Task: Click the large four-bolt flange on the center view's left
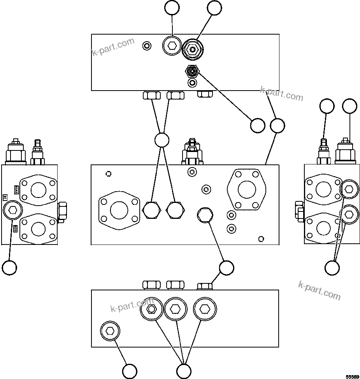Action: pyautogui.click(x=119, y=210)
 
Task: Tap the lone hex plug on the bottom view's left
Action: pyautogui.click(x=110, y=331)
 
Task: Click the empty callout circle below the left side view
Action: pyautogui.click(x=9, y=267)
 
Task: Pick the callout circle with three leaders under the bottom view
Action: pyautogui.click(x=184, y=370)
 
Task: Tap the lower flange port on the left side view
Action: pyautogui.click(x=38, y=229)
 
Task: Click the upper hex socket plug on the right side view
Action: pyautogui.click(x=349, y=189)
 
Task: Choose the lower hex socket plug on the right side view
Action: pyautogui.click(x=349, y=213)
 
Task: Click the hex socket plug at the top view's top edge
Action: pyautogui.click(x=171, y=47)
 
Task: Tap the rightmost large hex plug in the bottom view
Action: pyautogui.click(x=204, y=309)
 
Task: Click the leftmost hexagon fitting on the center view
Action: pyautogui.click(x=151, y=210)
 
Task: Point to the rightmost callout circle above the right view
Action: pyautogui.click(x=349, y=106)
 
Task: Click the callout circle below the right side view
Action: pyautogui.click(x=332, y=267)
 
